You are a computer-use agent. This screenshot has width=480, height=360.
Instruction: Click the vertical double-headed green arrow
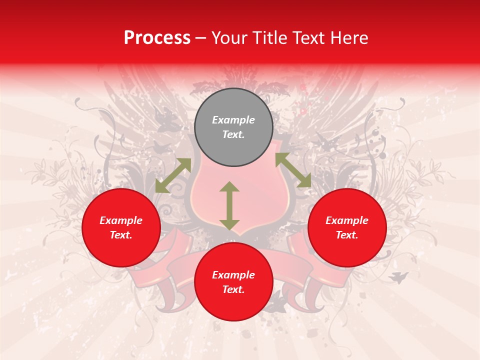pos(229,205)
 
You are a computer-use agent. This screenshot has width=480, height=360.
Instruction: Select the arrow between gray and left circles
pos(173,175)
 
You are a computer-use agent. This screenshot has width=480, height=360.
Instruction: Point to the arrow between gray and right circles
pos(293,170)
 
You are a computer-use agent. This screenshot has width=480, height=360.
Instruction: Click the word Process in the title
pos(157,38)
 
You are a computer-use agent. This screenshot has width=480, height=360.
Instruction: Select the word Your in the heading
pos(229,38)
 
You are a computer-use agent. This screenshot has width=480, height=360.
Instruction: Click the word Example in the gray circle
pos(233,120)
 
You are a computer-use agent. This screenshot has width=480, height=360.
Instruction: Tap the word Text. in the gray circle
pos(233,134)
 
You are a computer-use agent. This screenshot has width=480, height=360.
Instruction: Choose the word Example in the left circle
pos(121,220)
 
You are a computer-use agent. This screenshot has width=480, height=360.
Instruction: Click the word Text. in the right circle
pos(347,235)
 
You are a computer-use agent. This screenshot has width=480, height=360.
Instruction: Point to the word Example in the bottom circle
pos(233,275)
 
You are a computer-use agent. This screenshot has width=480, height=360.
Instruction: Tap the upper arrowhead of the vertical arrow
pos(229,186)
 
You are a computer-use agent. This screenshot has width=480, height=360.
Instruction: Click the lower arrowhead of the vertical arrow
pos(229,224)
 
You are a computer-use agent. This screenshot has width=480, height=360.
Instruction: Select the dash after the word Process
pos(201,38)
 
